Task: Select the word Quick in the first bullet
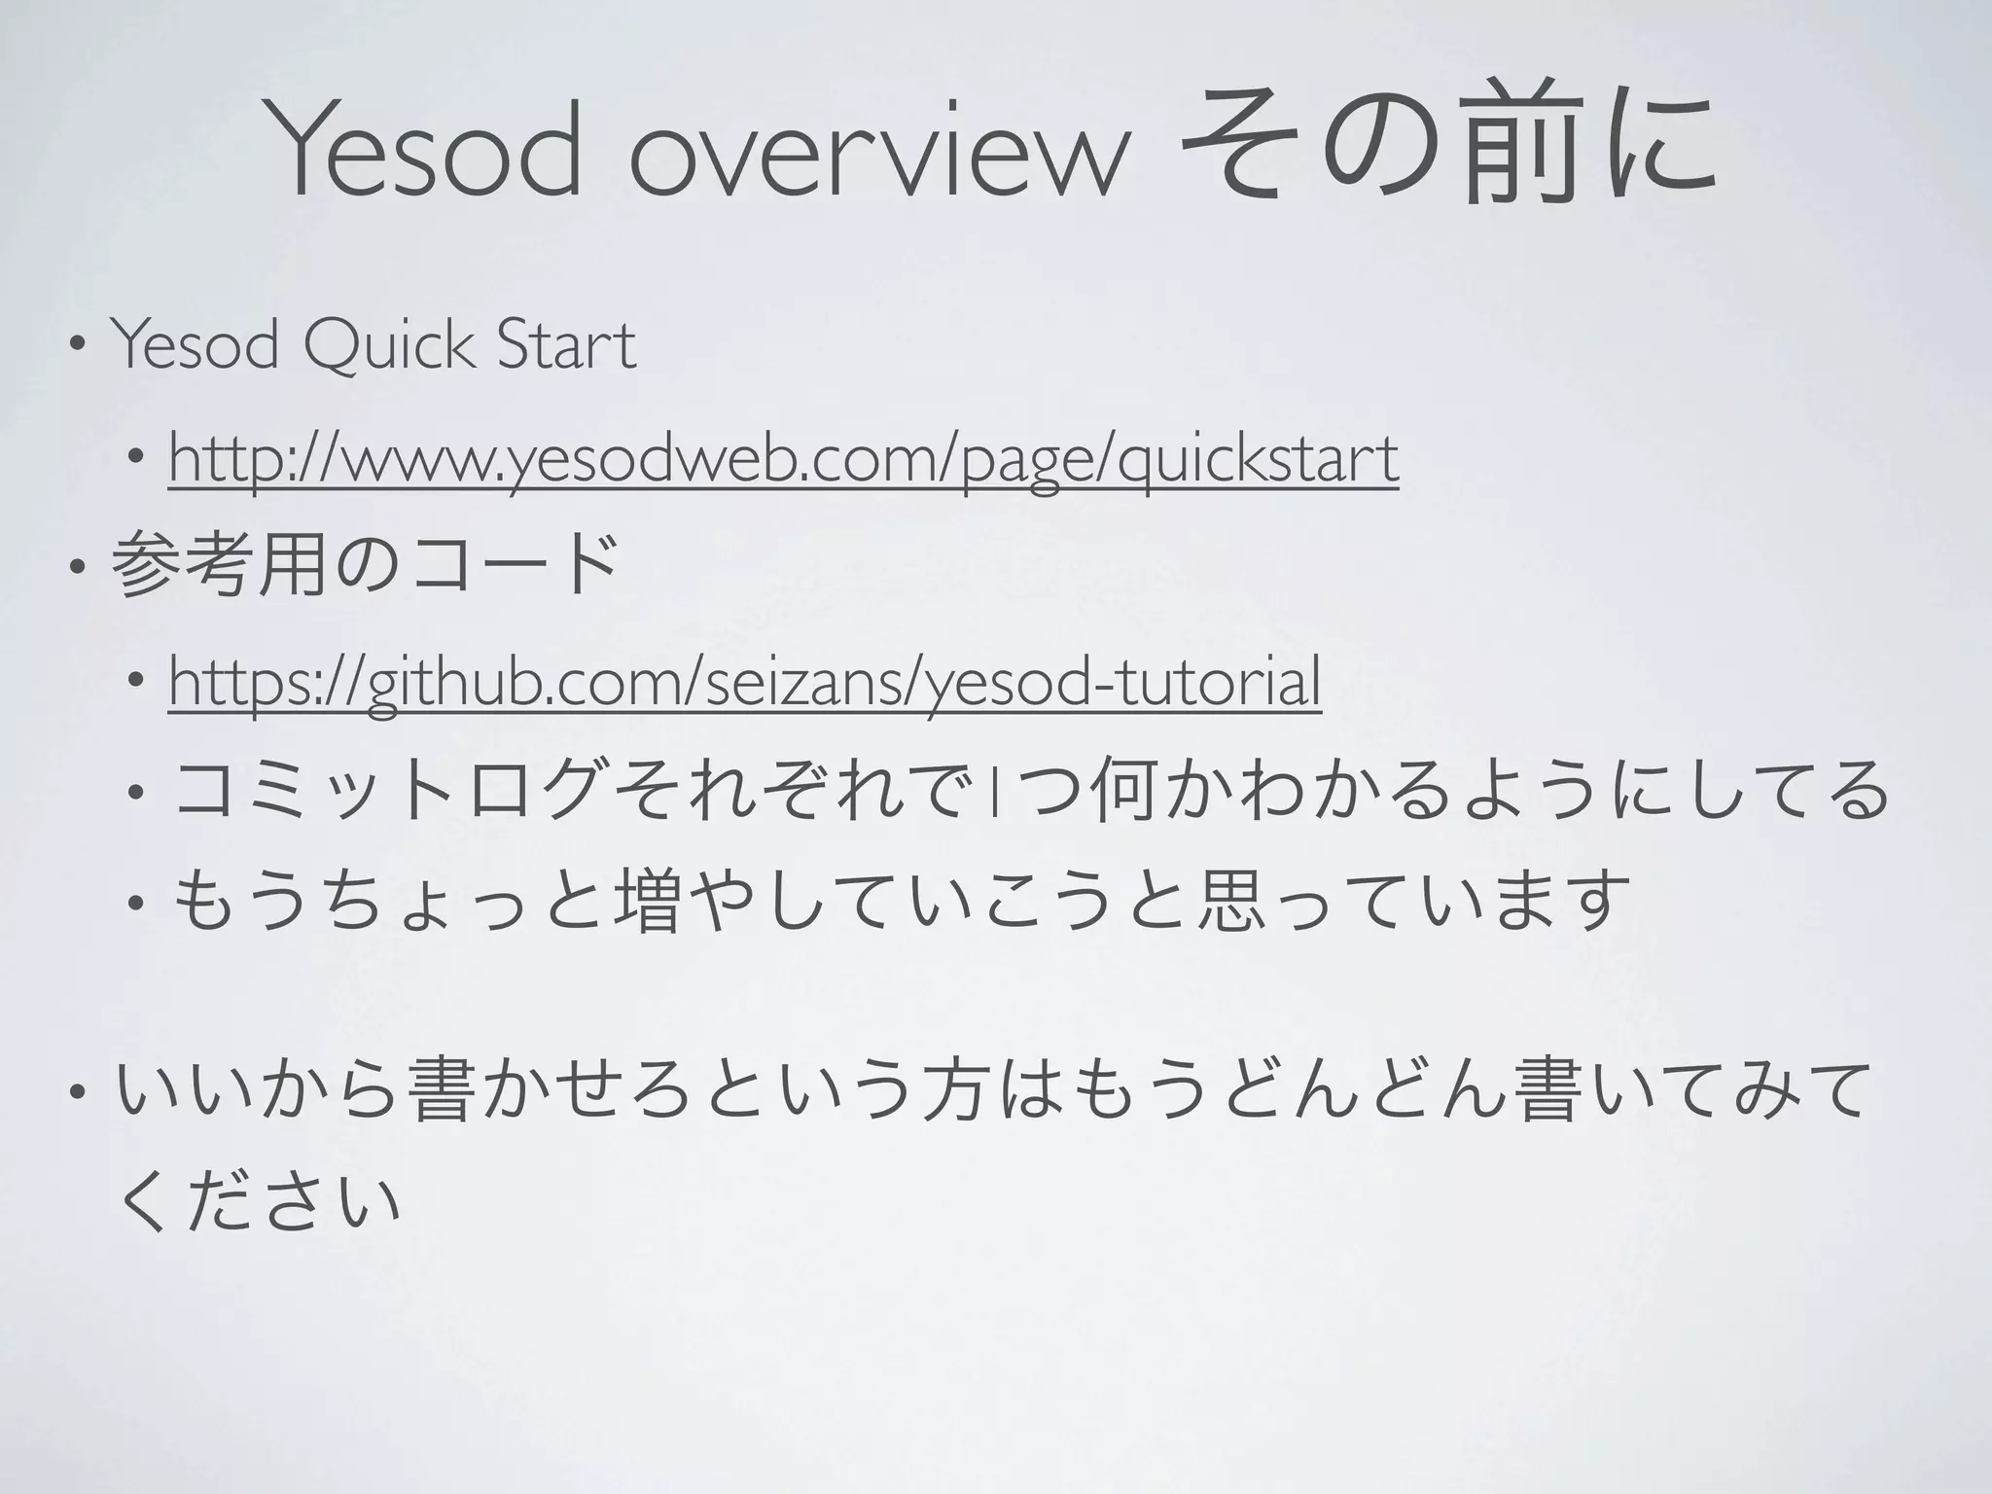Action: (x=389, y=345)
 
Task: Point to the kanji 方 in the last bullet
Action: (x=943, y=1089)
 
